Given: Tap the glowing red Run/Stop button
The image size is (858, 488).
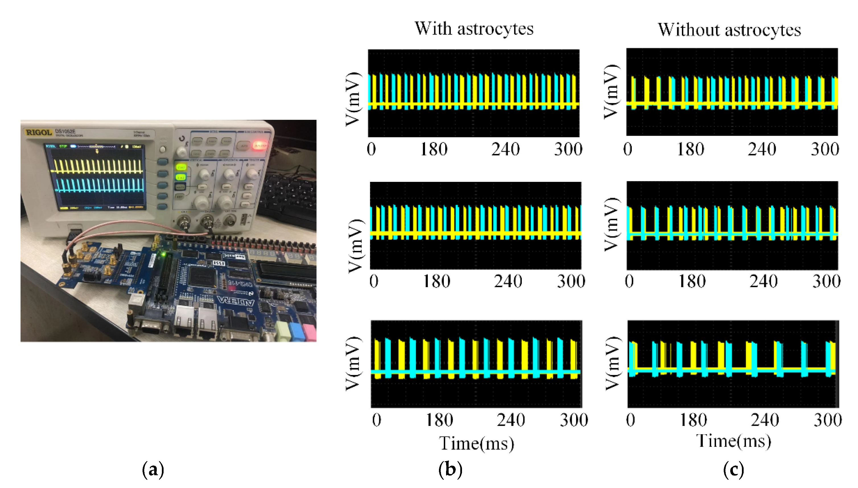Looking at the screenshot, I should (x=260, y=145).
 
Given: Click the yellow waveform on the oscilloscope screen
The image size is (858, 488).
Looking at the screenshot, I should (x=97, y=166).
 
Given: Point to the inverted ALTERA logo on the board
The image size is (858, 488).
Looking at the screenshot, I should (x=236, y=301).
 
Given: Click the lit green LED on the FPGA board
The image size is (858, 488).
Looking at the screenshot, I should (x=164, y=255).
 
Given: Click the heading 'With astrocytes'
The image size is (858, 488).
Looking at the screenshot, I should (x=474, y=29).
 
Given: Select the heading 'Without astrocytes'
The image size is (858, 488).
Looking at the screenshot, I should (x=729, y=30).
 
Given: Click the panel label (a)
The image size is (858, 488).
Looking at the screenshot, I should (x=153, y=469).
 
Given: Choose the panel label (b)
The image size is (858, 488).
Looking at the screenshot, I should (x=450, y=469).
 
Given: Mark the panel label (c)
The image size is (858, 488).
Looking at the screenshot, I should (x=733, y=469).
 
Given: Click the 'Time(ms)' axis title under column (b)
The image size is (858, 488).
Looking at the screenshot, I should (x=477, y=444).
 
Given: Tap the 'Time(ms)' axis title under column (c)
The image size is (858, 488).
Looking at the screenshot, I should (x=733, y=441).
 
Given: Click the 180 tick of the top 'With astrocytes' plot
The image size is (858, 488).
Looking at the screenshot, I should (x=434, y=149).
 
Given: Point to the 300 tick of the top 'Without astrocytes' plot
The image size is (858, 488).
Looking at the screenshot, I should (x=825, y=149).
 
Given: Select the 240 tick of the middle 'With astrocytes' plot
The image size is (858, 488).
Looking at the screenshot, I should (x=508, y=281).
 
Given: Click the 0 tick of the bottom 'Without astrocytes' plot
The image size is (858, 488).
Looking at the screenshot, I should (x=630, y=420).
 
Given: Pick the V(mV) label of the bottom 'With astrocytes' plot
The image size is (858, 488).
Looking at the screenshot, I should (x=353, y=364).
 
